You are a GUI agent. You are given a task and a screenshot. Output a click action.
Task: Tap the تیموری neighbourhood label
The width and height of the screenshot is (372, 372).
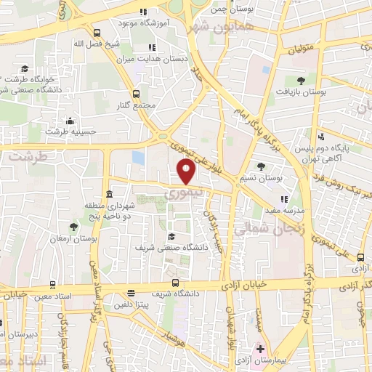pyautogui.click(x=179, y=194)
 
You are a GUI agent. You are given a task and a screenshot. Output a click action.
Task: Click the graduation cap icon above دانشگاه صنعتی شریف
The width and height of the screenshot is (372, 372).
pyautogui.click(x=171, y=236)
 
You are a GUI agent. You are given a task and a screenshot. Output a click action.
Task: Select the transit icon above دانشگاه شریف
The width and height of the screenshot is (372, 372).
pyautogui.click(x=175, y=283)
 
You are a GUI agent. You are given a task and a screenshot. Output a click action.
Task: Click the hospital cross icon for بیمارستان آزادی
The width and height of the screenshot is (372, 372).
pyautogui.click(x=261, y=349)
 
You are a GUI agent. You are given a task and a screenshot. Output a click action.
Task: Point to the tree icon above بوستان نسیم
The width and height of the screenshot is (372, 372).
pyautogui.click(x=261, y=166)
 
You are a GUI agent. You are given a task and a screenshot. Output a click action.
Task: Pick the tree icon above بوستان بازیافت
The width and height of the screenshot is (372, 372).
pyautogui.click(x=301, y=81)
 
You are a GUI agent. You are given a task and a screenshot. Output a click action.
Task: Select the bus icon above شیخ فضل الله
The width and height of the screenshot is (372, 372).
pyautogui.click(x=97, y=33)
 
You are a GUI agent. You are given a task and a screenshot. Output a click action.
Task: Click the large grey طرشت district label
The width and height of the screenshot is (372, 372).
pyautogui.click(x=31, y=156)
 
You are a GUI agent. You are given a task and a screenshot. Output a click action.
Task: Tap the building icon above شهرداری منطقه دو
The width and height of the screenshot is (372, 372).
pyautogui.click(x=109, y=194)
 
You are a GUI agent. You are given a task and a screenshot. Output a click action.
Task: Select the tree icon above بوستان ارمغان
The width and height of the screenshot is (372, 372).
pyautogui.click(x=73, y=227)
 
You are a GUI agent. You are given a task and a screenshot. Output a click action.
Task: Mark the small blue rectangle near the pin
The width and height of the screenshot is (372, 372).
pyautogui.click(x=138, y=157)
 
